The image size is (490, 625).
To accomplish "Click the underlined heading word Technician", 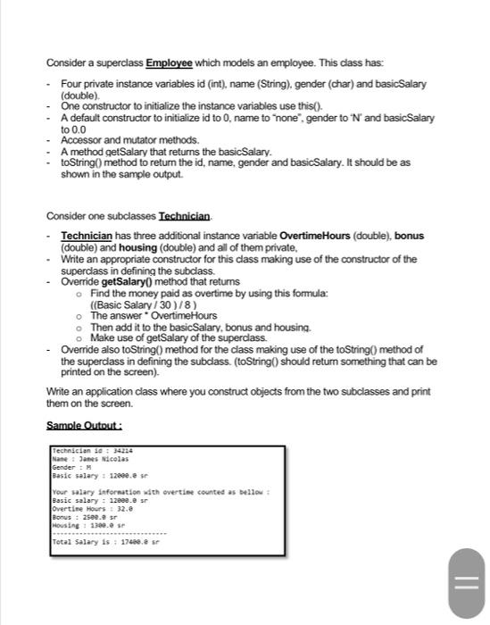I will click(185, 217).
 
